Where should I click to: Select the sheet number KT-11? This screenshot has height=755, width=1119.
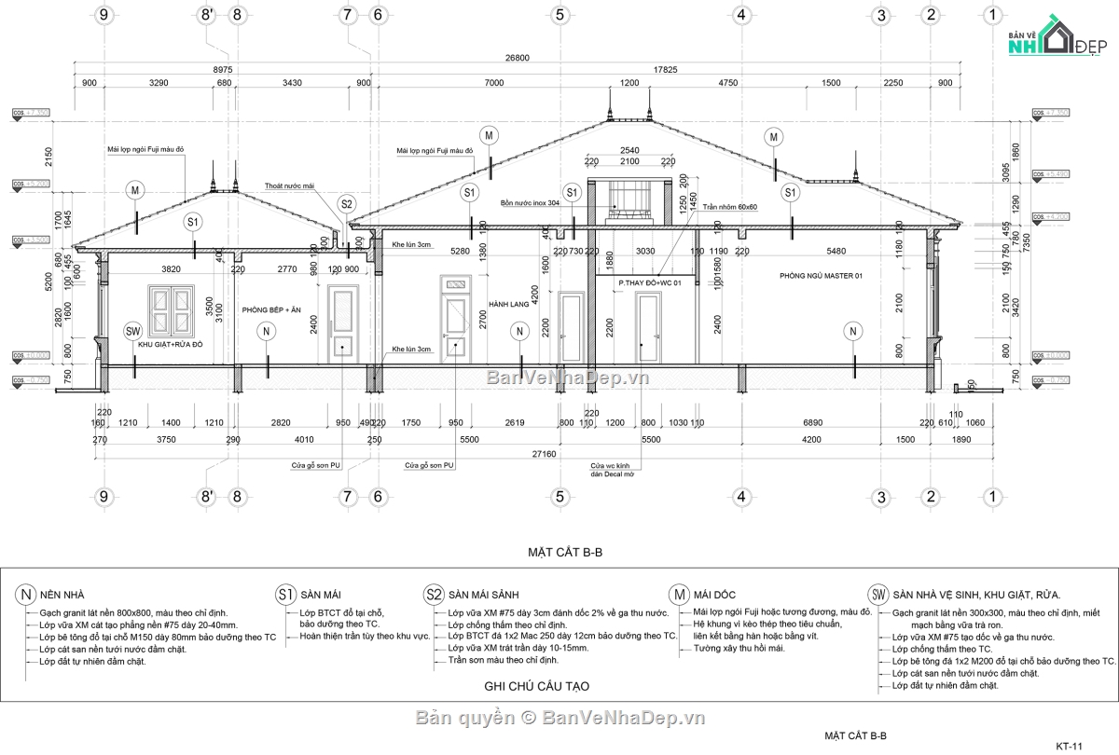[1068, 746]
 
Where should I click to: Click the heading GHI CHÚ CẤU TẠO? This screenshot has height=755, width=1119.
[536, 686]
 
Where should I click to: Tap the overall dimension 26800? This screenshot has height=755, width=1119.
[517, 58]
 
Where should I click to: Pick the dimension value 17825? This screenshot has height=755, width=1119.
[666, 70]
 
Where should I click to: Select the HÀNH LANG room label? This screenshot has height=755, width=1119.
[508, 304]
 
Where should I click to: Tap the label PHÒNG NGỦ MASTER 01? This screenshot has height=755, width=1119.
[821, 276]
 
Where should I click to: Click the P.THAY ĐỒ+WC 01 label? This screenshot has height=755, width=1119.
[650, 281]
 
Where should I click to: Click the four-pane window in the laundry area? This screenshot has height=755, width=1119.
[168, 310]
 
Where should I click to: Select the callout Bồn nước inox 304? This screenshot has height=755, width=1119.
[529, 202]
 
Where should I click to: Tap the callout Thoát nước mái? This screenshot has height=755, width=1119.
[289, 185]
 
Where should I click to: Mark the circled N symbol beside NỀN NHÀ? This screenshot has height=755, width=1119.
[25, 595]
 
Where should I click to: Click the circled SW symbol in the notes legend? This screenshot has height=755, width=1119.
[877, 595]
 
